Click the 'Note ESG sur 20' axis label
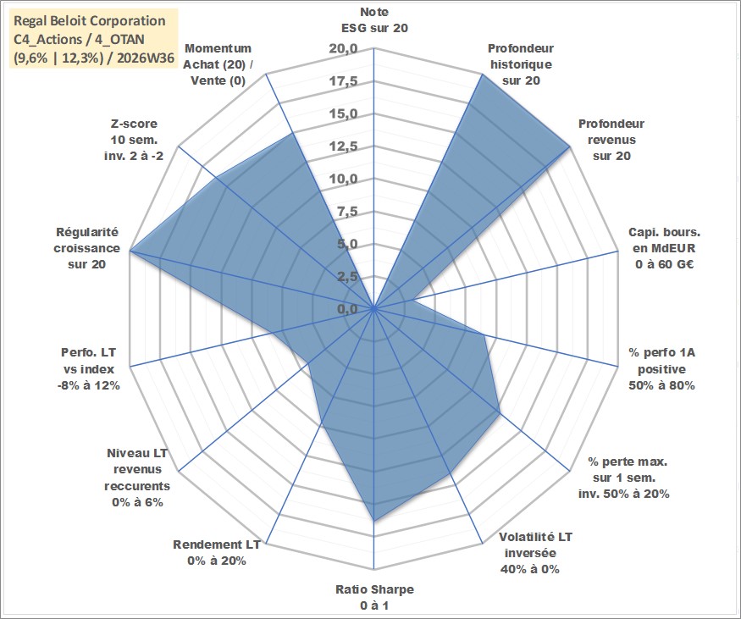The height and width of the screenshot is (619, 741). point(374,19)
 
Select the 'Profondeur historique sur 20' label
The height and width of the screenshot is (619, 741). point(521,64)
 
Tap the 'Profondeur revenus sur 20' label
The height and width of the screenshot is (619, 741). point(611,140)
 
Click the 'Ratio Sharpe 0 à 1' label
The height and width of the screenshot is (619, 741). point(374,597)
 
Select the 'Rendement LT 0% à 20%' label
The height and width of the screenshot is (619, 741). point(217,553)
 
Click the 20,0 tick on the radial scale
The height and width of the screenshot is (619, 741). point(344,48)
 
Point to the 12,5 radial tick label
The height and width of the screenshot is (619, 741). point(344,146)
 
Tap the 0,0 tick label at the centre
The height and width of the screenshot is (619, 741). point(347,309)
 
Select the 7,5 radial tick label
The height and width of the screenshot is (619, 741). point(347,212)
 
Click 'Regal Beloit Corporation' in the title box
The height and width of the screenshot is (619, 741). point(90,21)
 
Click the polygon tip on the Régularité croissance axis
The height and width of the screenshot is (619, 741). point(130,251)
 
